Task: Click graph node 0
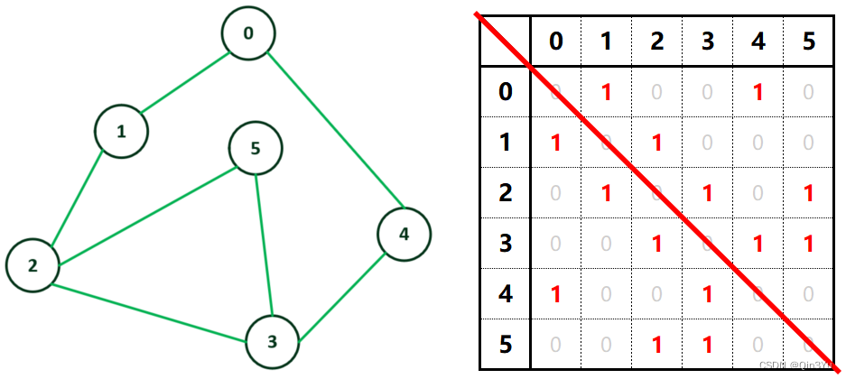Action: coord(248,35)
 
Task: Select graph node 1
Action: coord(121,132)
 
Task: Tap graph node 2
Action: coord(33,265)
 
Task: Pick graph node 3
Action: coord(272,341)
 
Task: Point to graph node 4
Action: coord(404,235)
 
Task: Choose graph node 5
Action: coord(256,148)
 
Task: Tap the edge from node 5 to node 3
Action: coord(264,244)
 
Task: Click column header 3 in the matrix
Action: coord(707,42)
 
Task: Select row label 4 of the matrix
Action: coord(505,295)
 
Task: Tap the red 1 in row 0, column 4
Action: coord(758,91)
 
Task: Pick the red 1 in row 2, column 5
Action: coord(807,193)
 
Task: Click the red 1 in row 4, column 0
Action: coord(556,295)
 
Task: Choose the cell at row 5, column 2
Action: coord(657,346)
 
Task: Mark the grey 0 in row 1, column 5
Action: coord(807,143)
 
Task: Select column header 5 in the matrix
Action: coord(807,42)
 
